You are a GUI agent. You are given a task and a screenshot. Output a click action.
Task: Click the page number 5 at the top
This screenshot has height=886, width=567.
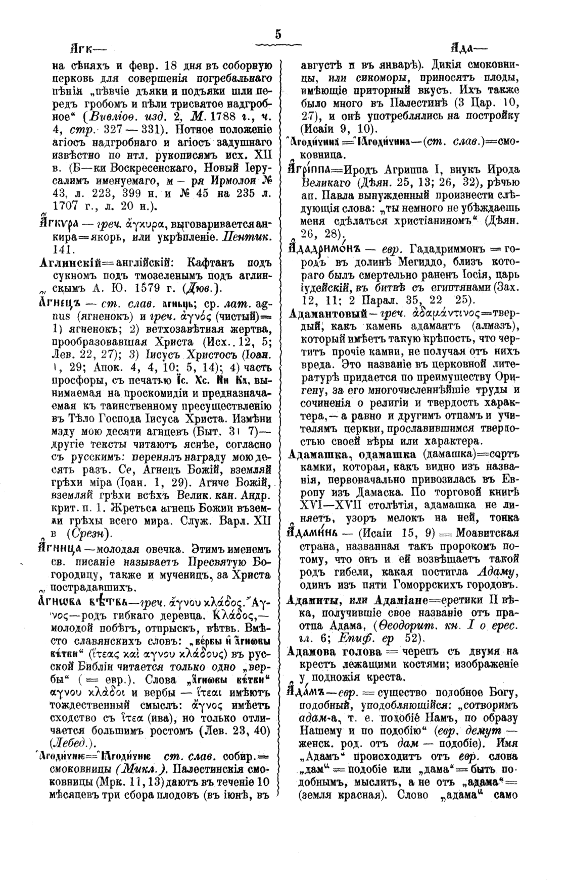tap(278, 34)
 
